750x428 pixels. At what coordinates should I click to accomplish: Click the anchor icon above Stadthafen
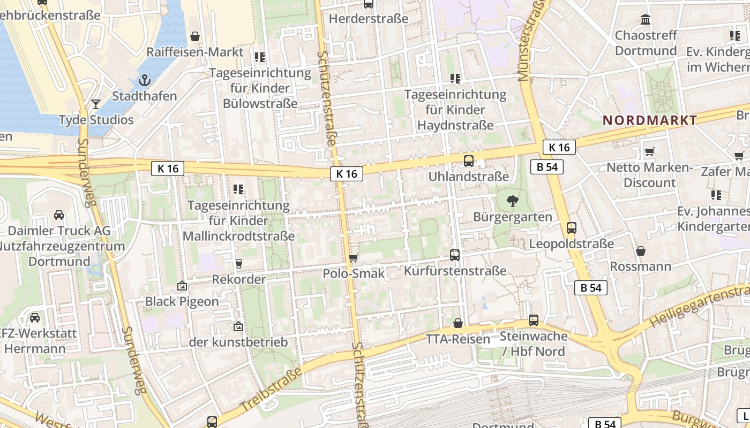(x=144, y=81)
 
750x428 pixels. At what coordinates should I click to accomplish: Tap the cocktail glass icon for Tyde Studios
(x=96, y=104)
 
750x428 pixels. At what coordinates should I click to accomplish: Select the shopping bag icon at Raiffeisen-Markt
(x=195, y=36)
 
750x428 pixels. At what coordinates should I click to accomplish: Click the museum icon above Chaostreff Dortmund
(x=646, y=20)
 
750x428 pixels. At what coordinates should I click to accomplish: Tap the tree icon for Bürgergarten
(x=513, y=201)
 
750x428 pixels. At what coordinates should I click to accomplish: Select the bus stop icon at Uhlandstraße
(x=468, y=160)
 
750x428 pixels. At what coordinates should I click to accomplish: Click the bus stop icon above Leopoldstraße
(x=572, y=228)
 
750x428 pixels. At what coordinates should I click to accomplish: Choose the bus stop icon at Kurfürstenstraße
(x=455, y=255)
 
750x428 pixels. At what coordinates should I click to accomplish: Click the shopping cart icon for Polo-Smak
(x=353, y=258)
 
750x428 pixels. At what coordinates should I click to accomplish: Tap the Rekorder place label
(x=238, y=279)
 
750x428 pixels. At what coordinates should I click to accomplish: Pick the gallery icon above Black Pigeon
(x=182, y=286)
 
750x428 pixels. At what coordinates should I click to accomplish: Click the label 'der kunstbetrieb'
(x=238, y=342)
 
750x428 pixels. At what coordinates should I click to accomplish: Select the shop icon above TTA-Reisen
(x=458, y=323)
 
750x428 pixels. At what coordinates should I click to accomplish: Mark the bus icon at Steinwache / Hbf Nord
(x=534, y=320)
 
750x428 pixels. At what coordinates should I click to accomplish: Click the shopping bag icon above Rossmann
(x=641, y=251)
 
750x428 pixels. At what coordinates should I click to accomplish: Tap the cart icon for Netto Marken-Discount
(x=650, y=152)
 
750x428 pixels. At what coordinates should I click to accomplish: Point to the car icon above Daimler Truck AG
(x=59, y=215)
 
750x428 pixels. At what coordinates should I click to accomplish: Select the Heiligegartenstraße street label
(x=699, y=307)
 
